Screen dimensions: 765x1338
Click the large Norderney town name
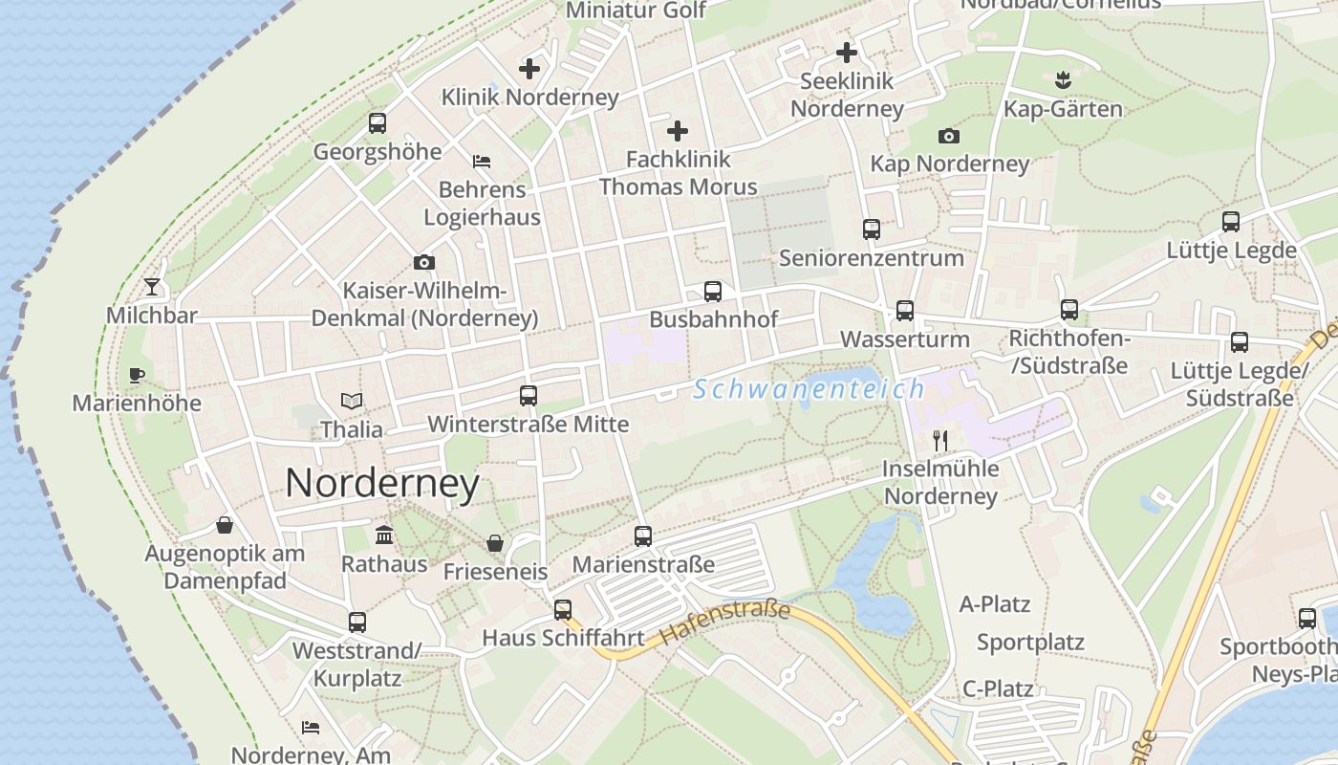[382, 484]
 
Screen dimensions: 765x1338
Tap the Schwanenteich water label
[809, 389]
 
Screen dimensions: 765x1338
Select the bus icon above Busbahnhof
[712, 292]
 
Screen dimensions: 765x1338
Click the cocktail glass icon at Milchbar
[152, 286]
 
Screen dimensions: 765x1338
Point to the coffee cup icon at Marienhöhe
[136, 375]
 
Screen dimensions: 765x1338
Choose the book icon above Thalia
[352, 402]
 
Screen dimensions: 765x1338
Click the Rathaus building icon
[384, 535]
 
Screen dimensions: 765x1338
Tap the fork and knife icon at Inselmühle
[940, 440]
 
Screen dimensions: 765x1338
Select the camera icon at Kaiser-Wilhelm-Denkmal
[424, 262]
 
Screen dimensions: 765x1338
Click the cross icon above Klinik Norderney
[529, 69]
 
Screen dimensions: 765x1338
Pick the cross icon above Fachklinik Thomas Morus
[678, 130]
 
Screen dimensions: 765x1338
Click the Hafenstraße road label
[725, 623]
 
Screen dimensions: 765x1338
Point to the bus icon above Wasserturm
[904, 311]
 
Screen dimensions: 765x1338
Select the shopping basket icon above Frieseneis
[495, 543]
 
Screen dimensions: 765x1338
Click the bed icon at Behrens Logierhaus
[482, 161]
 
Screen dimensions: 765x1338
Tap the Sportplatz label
[1030, 642]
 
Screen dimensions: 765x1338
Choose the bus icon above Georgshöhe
[378, 123]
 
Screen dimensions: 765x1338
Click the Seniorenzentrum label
[871, 258]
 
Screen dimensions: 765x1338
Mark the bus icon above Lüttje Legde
[1231, 222]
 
